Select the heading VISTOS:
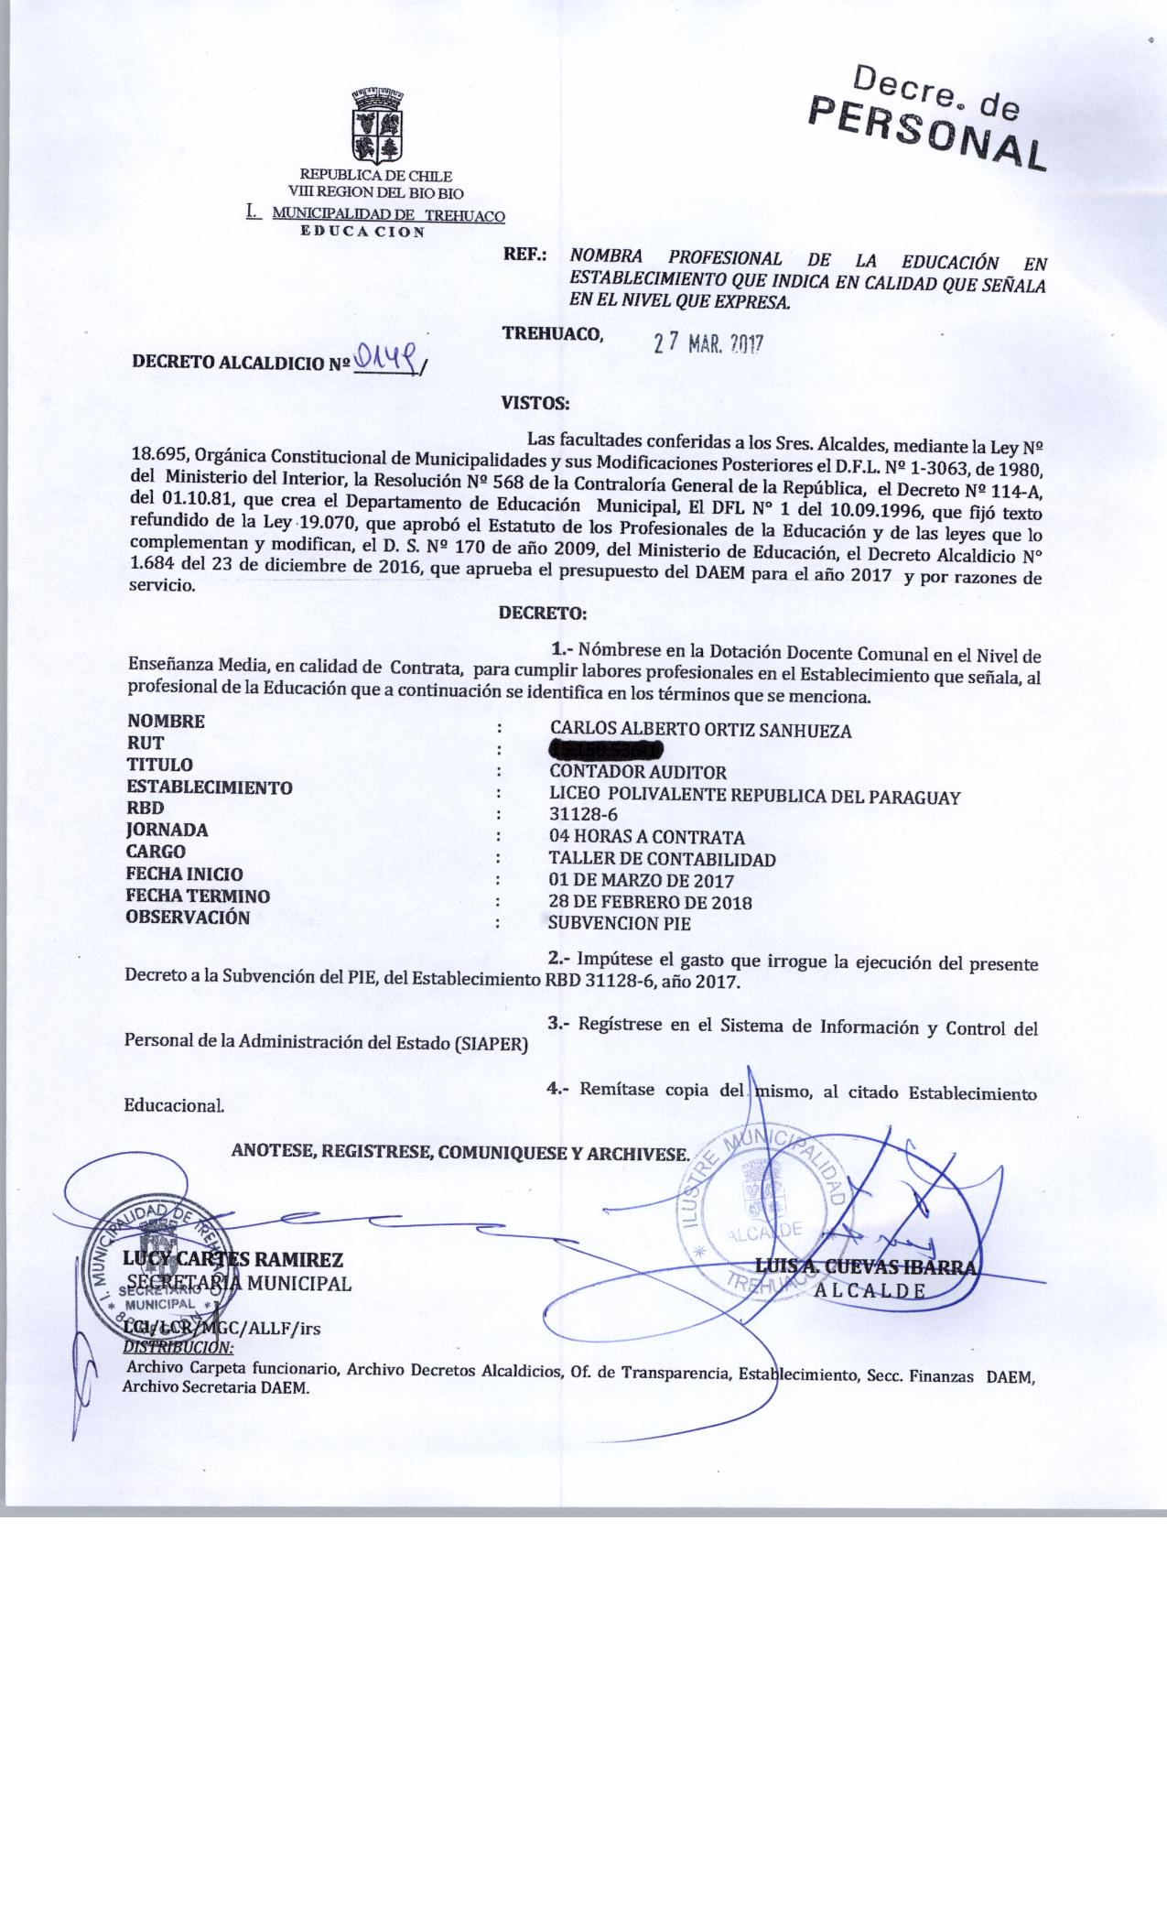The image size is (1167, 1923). [x=535, y=402]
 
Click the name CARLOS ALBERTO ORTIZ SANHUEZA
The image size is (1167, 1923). [x=700, y=730]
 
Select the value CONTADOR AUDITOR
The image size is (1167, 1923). [x=637, y=773]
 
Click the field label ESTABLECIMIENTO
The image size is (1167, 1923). [x=210, y=787]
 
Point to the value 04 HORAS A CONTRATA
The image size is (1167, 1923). [x=646, y=837]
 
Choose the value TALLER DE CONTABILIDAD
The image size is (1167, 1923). [x=662, y=859]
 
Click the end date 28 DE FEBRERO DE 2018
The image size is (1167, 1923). [x=650, y=902]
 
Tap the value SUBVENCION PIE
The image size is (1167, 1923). [x=620, y=924]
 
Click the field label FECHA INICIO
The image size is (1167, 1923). [x=184, y=874]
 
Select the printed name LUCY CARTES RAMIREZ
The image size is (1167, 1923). [x=233, y=1260]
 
